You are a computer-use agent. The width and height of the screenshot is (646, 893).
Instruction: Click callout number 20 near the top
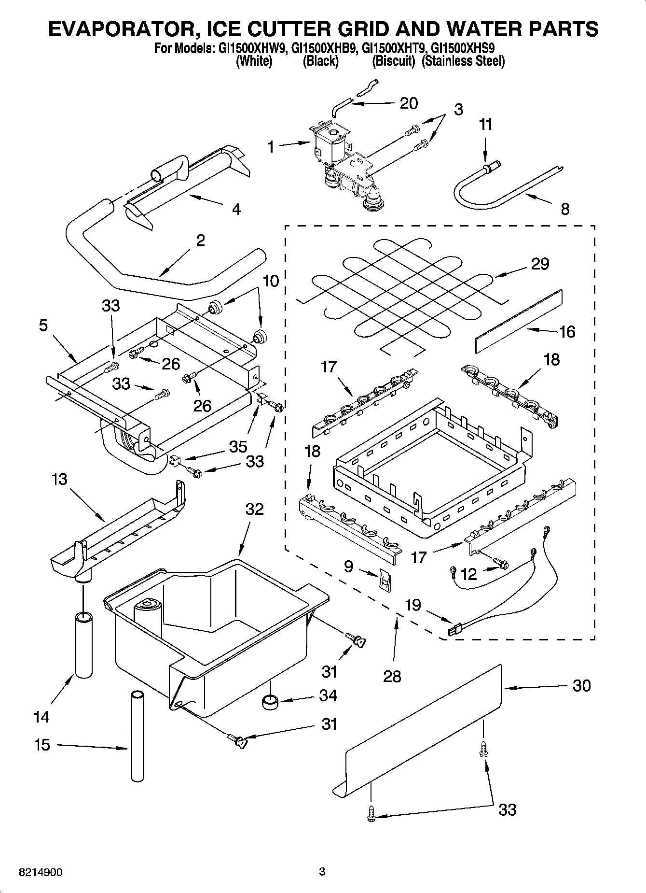(409, 103)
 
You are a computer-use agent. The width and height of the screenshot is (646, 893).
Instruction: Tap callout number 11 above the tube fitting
(486, 125)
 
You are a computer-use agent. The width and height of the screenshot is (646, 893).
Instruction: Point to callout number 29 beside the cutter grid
(540, 264)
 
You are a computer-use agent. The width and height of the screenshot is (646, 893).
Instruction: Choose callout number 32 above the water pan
(255, 509)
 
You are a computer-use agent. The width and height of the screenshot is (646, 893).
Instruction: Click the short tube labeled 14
(83, 645)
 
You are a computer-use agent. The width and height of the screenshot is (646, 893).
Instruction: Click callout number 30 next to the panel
(581, 685)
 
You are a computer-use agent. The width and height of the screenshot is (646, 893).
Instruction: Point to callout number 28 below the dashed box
(392, 676)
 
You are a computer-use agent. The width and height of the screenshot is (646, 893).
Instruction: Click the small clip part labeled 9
(385, 579)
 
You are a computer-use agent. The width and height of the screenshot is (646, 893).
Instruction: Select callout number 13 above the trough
(59, 480)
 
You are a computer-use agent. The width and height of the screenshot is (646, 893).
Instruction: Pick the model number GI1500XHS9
(463, 48)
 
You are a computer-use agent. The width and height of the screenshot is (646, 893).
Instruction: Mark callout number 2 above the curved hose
(200, 240)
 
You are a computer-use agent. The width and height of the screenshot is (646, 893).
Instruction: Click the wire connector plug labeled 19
(455, 630)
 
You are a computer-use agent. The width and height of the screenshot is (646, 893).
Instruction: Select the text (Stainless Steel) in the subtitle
(463, 61)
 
